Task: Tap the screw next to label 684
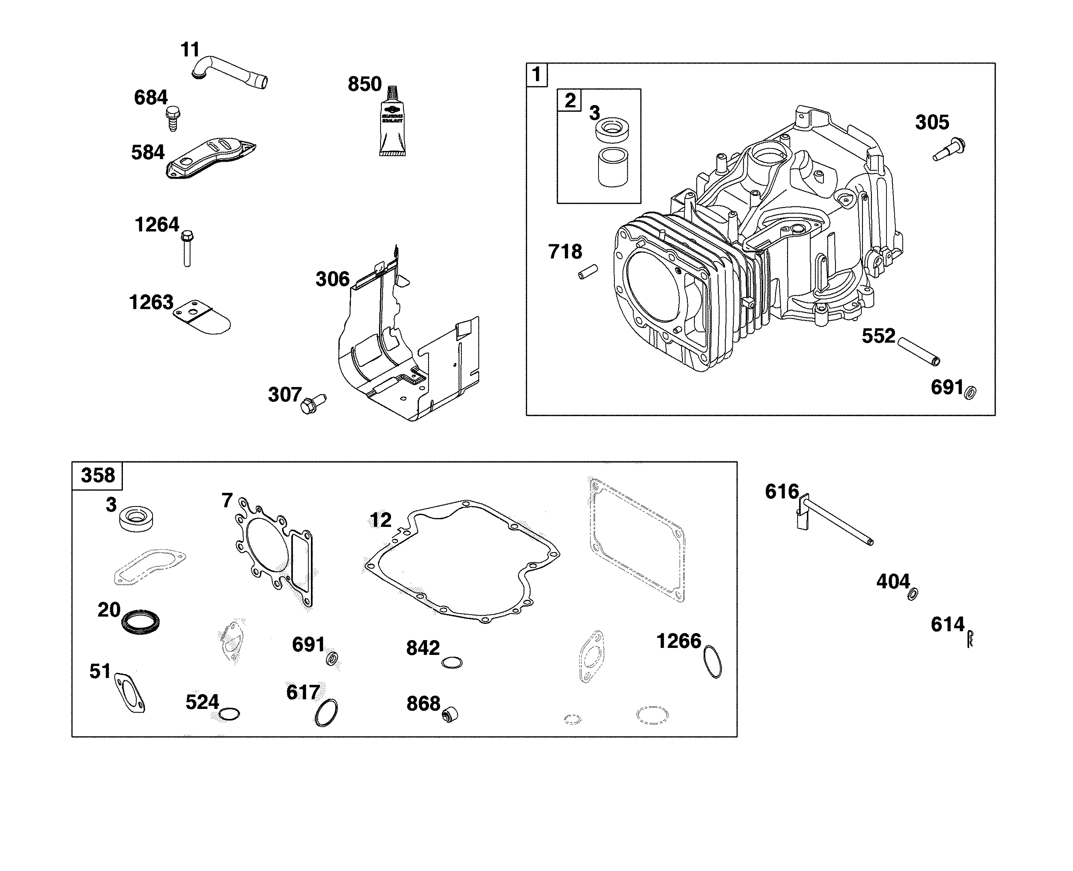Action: coord(172,118)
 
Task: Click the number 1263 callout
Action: coord(151,303)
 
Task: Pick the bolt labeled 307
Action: coord(312,403)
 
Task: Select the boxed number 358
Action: coord(97,475)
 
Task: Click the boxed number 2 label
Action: coord(570,100)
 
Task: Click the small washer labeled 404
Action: coord(913,594)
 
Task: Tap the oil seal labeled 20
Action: coord(141,621)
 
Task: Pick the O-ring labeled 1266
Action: coord(712,662)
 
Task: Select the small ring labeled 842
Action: coord(452,662)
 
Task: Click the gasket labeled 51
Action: coord(130,692)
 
